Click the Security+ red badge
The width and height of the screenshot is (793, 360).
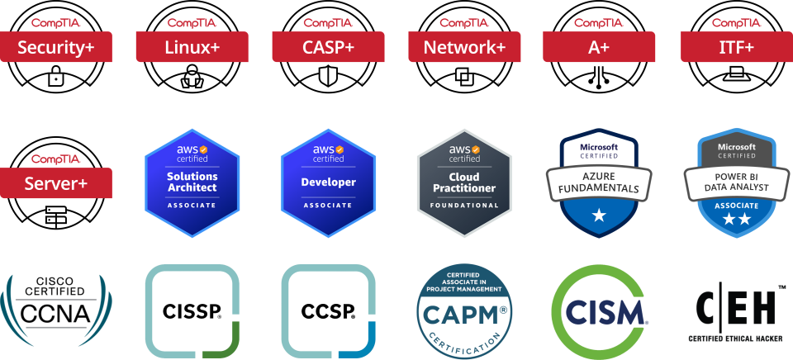click(56, 47)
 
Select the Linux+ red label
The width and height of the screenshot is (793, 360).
click(192, 47)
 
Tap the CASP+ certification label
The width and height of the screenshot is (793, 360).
click(328, 47)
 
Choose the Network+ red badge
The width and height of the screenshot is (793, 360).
click(464, 47)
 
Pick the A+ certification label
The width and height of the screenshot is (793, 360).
click(599, 47)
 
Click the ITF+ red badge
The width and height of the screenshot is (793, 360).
click(736, 47)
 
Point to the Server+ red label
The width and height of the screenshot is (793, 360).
click(56, 182)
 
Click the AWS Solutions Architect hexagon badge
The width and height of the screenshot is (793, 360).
click(192, 182)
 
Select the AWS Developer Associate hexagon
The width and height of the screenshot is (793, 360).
click(328, 182)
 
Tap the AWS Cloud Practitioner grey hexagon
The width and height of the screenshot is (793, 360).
click(464, 182)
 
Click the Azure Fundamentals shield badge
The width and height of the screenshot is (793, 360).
click(599, 182)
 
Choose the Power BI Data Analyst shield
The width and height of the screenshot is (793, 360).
click(736, 182)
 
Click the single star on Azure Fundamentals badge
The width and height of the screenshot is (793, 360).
click(599, 216)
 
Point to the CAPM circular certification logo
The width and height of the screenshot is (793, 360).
click(464, 311)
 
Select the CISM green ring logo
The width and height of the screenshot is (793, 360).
click(599, 311)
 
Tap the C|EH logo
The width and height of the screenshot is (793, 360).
click(736, 311)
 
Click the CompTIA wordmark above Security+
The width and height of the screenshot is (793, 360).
click(56, 22)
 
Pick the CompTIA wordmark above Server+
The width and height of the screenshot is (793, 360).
click(56, 159)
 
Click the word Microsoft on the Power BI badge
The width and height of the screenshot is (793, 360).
click(736, 146)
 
